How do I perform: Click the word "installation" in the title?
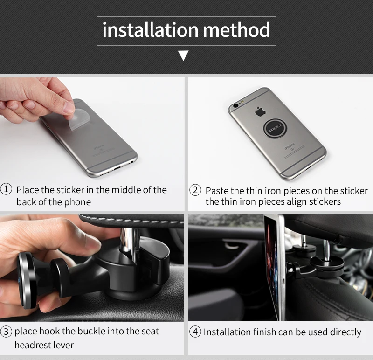point(150,30)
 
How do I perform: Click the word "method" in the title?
point(236,30)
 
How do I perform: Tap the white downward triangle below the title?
point(183,55)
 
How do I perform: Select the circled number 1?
point(6,189)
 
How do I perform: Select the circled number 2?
point(195,190)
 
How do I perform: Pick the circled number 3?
point(6,332)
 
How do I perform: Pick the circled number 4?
point(195,332)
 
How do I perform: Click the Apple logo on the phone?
point(260,111)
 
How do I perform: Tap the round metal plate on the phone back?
point(275,129)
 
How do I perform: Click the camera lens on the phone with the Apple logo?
point(236,105)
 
